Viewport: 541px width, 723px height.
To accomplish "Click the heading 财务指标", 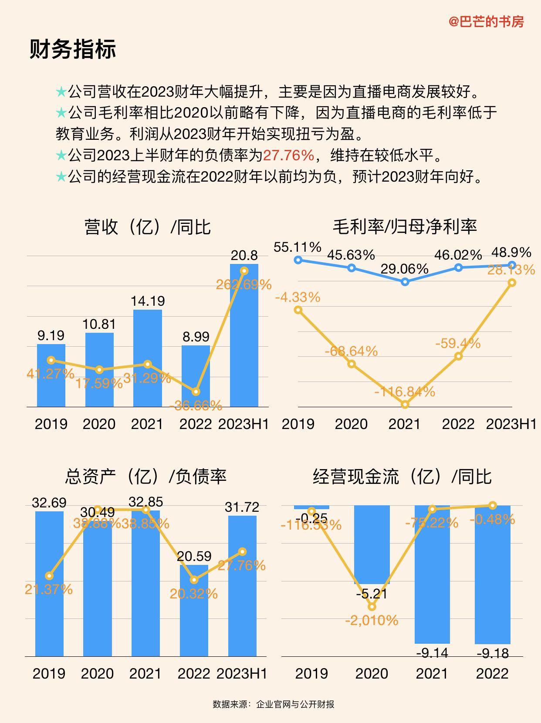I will click(73, 49).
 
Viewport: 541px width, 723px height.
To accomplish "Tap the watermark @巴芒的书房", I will click(486, 21).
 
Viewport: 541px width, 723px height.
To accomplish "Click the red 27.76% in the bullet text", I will click(288, 155).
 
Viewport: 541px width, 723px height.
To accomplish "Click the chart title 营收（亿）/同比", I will click(147, 227).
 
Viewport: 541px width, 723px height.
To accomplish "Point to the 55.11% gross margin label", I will click(298, 247).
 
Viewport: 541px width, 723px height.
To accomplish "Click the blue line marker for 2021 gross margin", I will click(405, 282).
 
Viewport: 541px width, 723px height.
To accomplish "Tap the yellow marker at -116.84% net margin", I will click(405, 405).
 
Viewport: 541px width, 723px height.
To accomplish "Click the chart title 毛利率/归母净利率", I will click(405, 226).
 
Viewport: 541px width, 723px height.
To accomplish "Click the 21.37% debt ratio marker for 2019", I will click(49, 576).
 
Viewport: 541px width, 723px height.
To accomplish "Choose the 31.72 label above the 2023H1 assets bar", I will click(242, 507).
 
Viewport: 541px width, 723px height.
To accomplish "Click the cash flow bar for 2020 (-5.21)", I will click(372, 544).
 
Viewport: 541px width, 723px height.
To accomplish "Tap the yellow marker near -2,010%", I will click(372, 606).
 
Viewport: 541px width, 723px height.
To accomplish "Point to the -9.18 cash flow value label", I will click(493, 653).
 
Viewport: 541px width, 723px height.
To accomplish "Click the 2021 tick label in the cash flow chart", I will click(432, 674).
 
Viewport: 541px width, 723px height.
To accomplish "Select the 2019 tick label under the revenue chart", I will click(51, 424).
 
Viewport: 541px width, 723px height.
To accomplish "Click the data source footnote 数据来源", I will click(274, 704).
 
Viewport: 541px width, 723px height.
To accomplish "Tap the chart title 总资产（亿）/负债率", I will click(145, 476).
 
